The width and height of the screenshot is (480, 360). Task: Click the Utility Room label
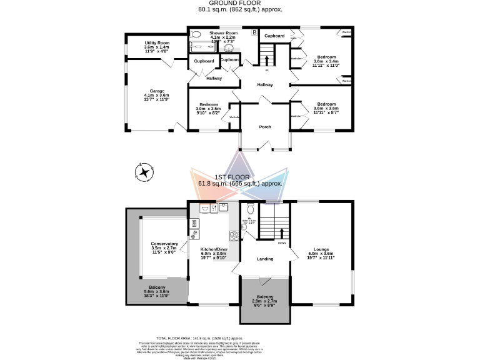pos(157,42)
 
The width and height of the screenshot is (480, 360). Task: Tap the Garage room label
pos(157,91)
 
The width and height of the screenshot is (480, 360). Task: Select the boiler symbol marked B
pos(253,32)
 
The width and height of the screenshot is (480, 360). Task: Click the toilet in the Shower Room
pos(195,35)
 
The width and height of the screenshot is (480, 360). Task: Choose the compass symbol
pos(144,171)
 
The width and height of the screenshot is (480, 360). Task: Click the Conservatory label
pos(164,244)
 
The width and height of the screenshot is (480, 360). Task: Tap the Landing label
pos(265,258)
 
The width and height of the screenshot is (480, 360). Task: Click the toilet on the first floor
pos(249,209)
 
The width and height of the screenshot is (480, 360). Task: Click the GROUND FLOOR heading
pos(239,4)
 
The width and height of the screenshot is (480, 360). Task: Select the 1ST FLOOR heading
pos(240,177)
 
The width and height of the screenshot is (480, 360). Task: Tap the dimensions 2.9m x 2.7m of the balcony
pos(265,302)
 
